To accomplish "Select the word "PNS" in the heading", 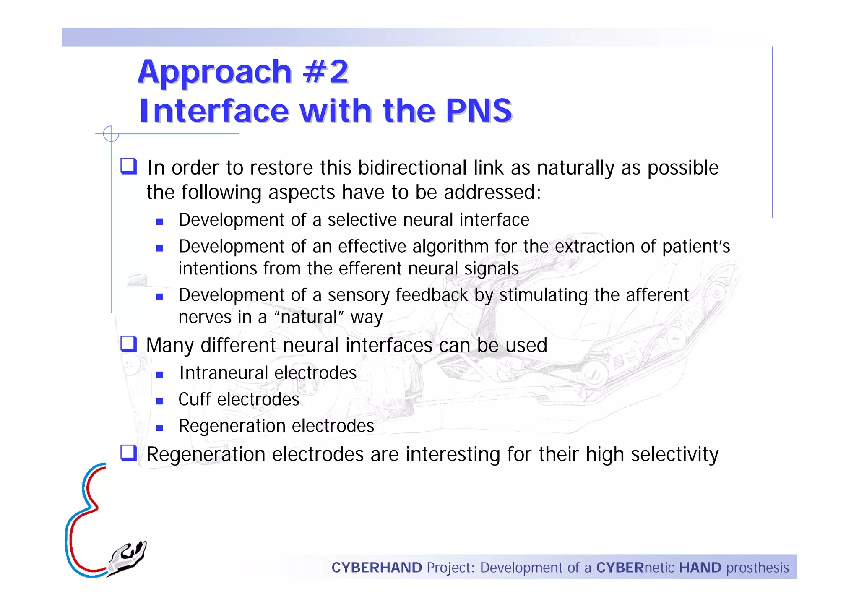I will pos(479,111).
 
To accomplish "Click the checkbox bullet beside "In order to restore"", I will pos(128,166).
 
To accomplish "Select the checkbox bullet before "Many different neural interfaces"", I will pos(128,344).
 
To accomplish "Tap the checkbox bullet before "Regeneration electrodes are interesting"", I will pos(128,453).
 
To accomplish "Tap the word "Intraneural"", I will pos(223,373).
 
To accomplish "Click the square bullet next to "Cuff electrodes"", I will pos(159,401).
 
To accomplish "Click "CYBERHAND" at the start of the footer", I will pos(376,568).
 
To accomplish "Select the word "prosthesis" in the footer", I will pos(757,568).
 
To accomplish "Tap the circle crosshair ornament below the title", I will pos(111,134).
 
